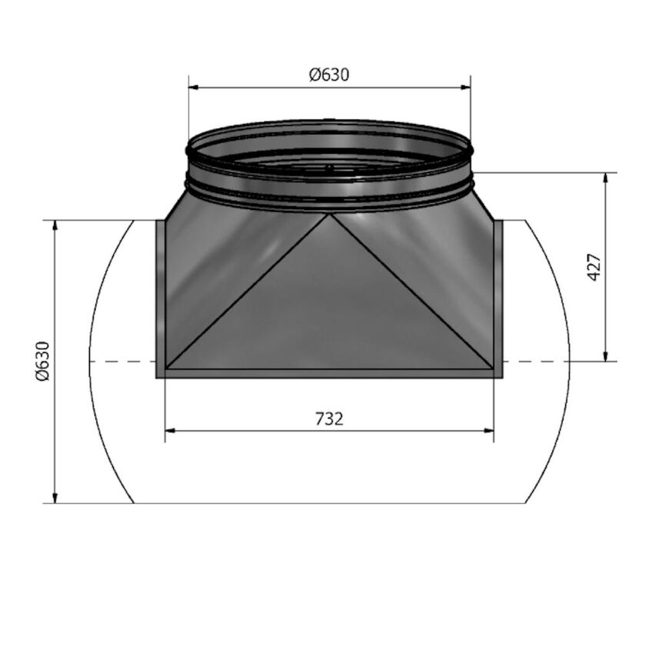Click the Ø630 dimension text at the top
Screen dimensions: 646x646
pos(329,75)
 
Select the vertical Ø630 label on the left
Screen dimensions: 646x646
pos(42,361)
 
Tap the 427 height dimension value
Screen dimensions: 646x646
pos(594,267)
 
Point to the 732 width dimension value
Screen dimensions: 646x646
pos(329,418)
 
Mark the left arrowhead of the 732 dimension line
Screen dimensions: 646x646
pos(171,431)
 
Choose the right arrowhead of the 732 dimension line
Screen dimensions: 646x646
pos(488,431)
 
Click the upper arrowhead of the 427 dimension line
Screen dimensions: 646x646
pos(607,178)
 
